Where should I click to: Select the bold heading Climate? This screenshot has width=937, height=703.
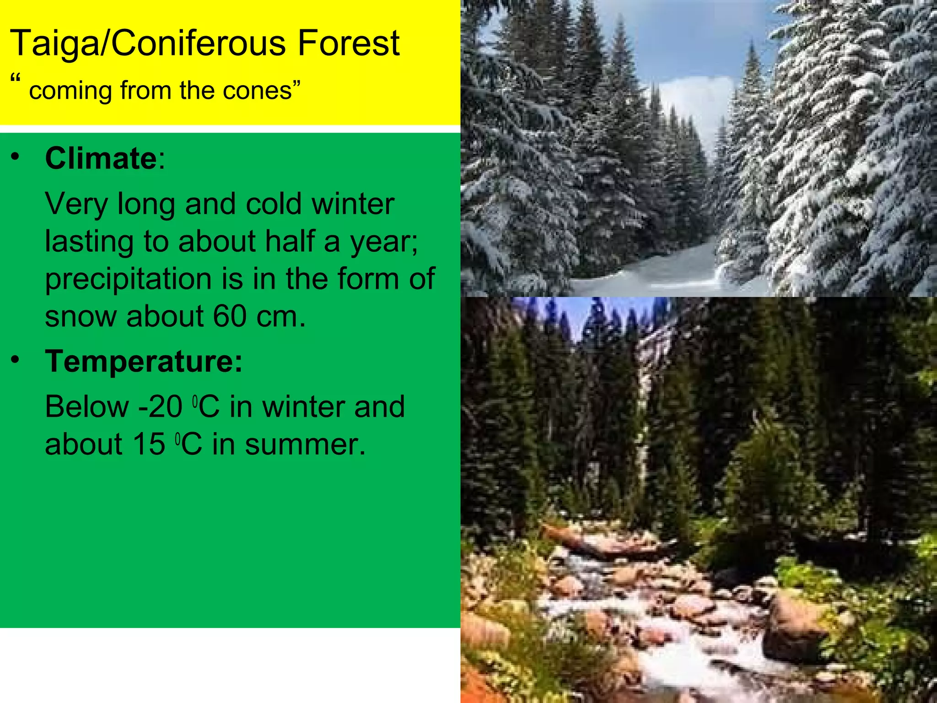click(x=101, y=159)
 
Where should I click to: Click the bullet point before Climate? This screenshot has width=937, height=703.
click(x=16, y=157)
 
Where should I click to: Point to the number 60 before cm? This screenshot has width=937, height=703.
click(x=230, y=316)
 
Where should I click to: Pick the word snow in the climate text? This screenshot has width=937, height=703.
click(x=81, y=316)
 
